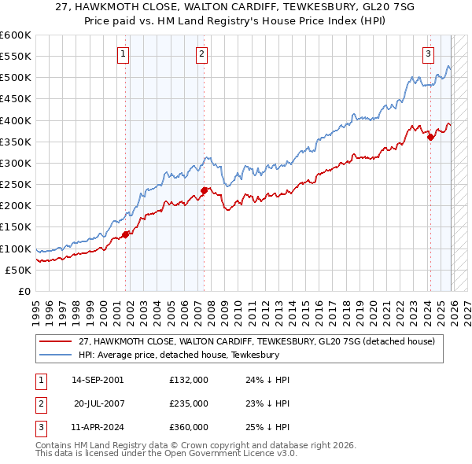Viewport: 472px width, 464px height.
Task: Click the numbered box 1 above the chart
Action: tap(124, 54)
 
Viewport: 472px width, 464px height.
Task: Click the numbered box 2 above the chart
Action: tap(202, 54)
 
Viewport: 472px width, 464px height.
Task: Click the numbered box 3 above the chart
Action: tap(428, 54)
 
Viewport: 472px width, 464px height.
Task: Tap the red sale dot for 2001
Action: tap(125, 234)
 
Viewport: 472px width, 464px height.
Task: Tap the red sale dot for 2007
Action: tap(203, 190)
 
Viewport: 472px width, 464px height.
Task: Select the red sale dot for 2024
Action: tap(430, 137)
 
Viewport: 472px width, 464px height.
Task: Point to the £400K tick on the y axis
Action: tap(16, 120)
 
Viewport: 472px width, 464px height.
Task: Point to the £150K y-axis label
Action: tap(16, 227)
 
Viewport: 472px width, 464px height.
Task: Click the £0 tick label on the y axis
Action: tap(24, 291)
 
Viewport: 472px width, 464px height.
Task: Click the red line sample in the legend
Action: tap(57, 341)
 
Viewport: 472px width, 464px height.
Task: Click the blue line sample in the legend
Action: tap(57, 355)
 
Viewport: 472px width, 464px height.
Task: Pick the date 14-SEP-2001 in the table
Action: tap(98, 380)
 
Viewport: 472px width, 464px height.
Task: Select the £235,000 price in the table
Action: tap(189, 403)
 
